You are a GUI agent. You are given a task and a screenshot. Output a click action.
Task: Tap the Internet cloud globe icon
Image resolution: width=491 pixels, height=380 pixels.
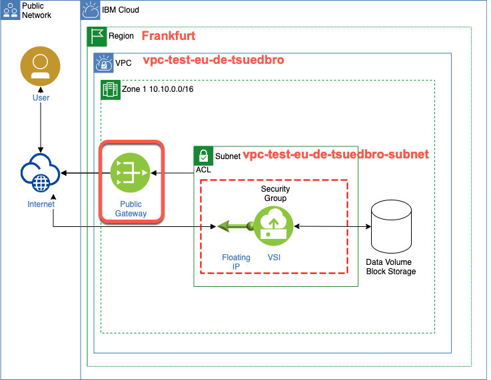click(41, 174)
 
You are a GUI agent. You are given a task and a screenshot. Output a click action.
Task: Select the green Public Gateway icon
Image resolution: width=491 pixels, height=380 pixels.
click(131, 173)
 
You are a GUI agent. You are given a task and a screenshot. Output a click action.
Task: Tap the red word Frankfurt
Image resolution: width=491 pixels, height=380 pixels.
click(169, 35)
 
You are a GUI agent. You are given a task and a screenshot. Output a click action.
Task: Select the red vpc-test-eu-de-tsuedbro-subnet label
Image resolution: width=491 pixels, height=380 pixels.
click(336, 154)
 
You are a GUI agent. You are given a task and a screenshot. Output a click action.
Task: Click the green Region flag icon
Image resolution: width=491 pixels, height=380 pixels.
click(97, 36)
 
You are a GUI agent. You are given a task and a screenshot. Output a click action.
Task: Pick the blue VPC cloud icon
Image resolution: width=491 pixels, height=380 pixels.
click(103, 63)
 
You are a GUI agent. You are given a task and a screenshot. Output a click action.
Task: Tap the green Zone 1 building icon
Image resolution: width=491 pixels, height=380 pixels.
click(110, 89)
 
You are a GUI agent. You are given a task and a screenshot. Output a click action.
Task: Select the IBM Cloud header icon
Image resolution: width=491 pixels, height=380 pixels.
click(90, 10)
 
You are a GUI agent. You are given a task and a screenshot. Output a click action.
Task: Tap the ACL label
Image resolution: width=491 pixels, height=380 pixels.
click(203, 170)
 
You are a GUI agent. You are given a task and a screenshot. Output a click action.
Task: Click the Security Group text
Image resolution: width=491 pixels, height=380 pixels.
click(274, 194)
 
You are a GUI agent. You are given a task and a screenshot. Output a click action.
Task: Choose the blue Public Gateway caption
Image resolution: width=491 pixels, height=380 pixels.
click(131, 209)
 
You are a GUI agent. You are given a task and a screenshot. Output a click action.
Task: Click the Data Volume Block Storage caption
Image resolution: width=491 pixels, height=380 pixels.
click(391, 267)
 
